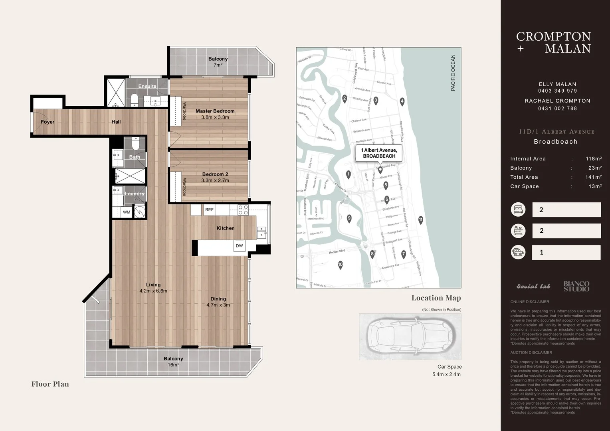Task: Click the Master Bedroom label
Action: click(215, 111)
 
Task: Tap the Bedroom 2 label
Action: click(215, 174)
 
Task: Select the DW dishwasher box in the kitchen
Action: click(239, 246)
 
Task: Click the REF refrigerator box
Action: click(209, 210)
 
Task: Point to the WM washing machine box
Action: click(127, 212)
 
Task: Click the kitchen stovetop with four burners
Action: click(243, 210)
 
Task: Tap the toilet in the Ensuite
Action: click(135, 99)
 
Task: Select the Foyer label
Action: click(48, 122)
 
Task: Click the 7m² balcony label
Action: click(218, 62)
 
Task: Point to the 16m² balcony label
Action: click(173, 362)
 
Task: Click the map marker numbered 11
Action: click(420, 219)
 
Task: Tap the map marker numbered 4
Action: click(402, 101)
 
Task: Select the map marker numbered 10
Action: click(341, 264)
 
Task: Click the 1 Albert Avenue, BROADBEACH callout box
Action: click(379, 153)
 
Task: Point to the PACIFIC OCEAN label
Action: click(453, 73)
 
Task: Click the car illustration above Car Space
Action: click(410, 336)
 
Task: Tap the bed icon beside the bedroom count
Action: click(518, 210)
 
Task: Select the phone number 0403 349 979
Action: click(557, 91)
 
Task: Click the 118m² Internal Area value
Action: click(593, 159)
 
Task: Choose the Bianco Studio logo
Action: click(576, 286)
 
